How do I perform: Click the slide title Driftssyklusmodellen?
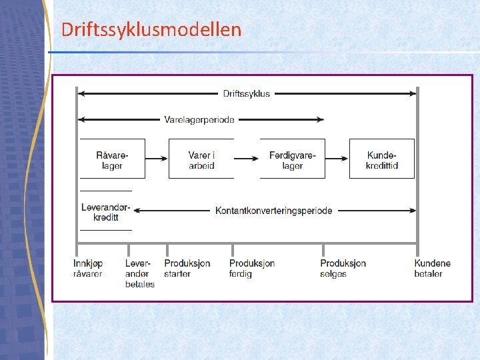coord(151,29)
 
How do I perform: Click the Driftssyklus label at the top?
coord(247,93)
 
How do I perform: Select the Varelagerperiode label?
coord(199,120)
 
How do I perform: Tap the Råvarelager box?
coord(112,159)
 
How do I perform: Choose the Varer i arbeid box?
coord(201,159)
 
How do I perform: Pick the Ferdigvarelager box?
coord(292,159)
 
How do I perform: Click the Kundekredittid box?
coord(381,159)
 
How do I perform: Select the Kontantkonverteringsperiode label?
coord(273,211)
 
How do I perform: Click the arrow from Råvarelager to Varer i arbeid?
coord(156,159)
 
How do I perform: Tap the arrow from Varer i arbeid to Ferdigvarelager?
coord(246,159)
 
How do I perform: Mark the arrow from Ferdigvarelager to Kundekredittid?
coord(337,159)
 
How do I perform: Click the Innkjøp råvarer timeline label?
coord(88,269)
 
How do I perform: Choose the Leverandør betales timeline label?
coord(139,273)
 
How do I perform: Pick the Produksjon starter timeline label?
coord(187,269)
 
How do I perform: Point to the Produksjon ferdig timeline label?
coord(252,269)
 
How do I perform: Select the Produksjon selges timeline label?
coord(343,269)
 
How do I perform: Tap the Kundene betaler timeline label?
coord(432,269)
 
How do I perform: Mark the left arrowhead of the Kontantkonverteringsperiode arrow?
coord(137,211)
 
